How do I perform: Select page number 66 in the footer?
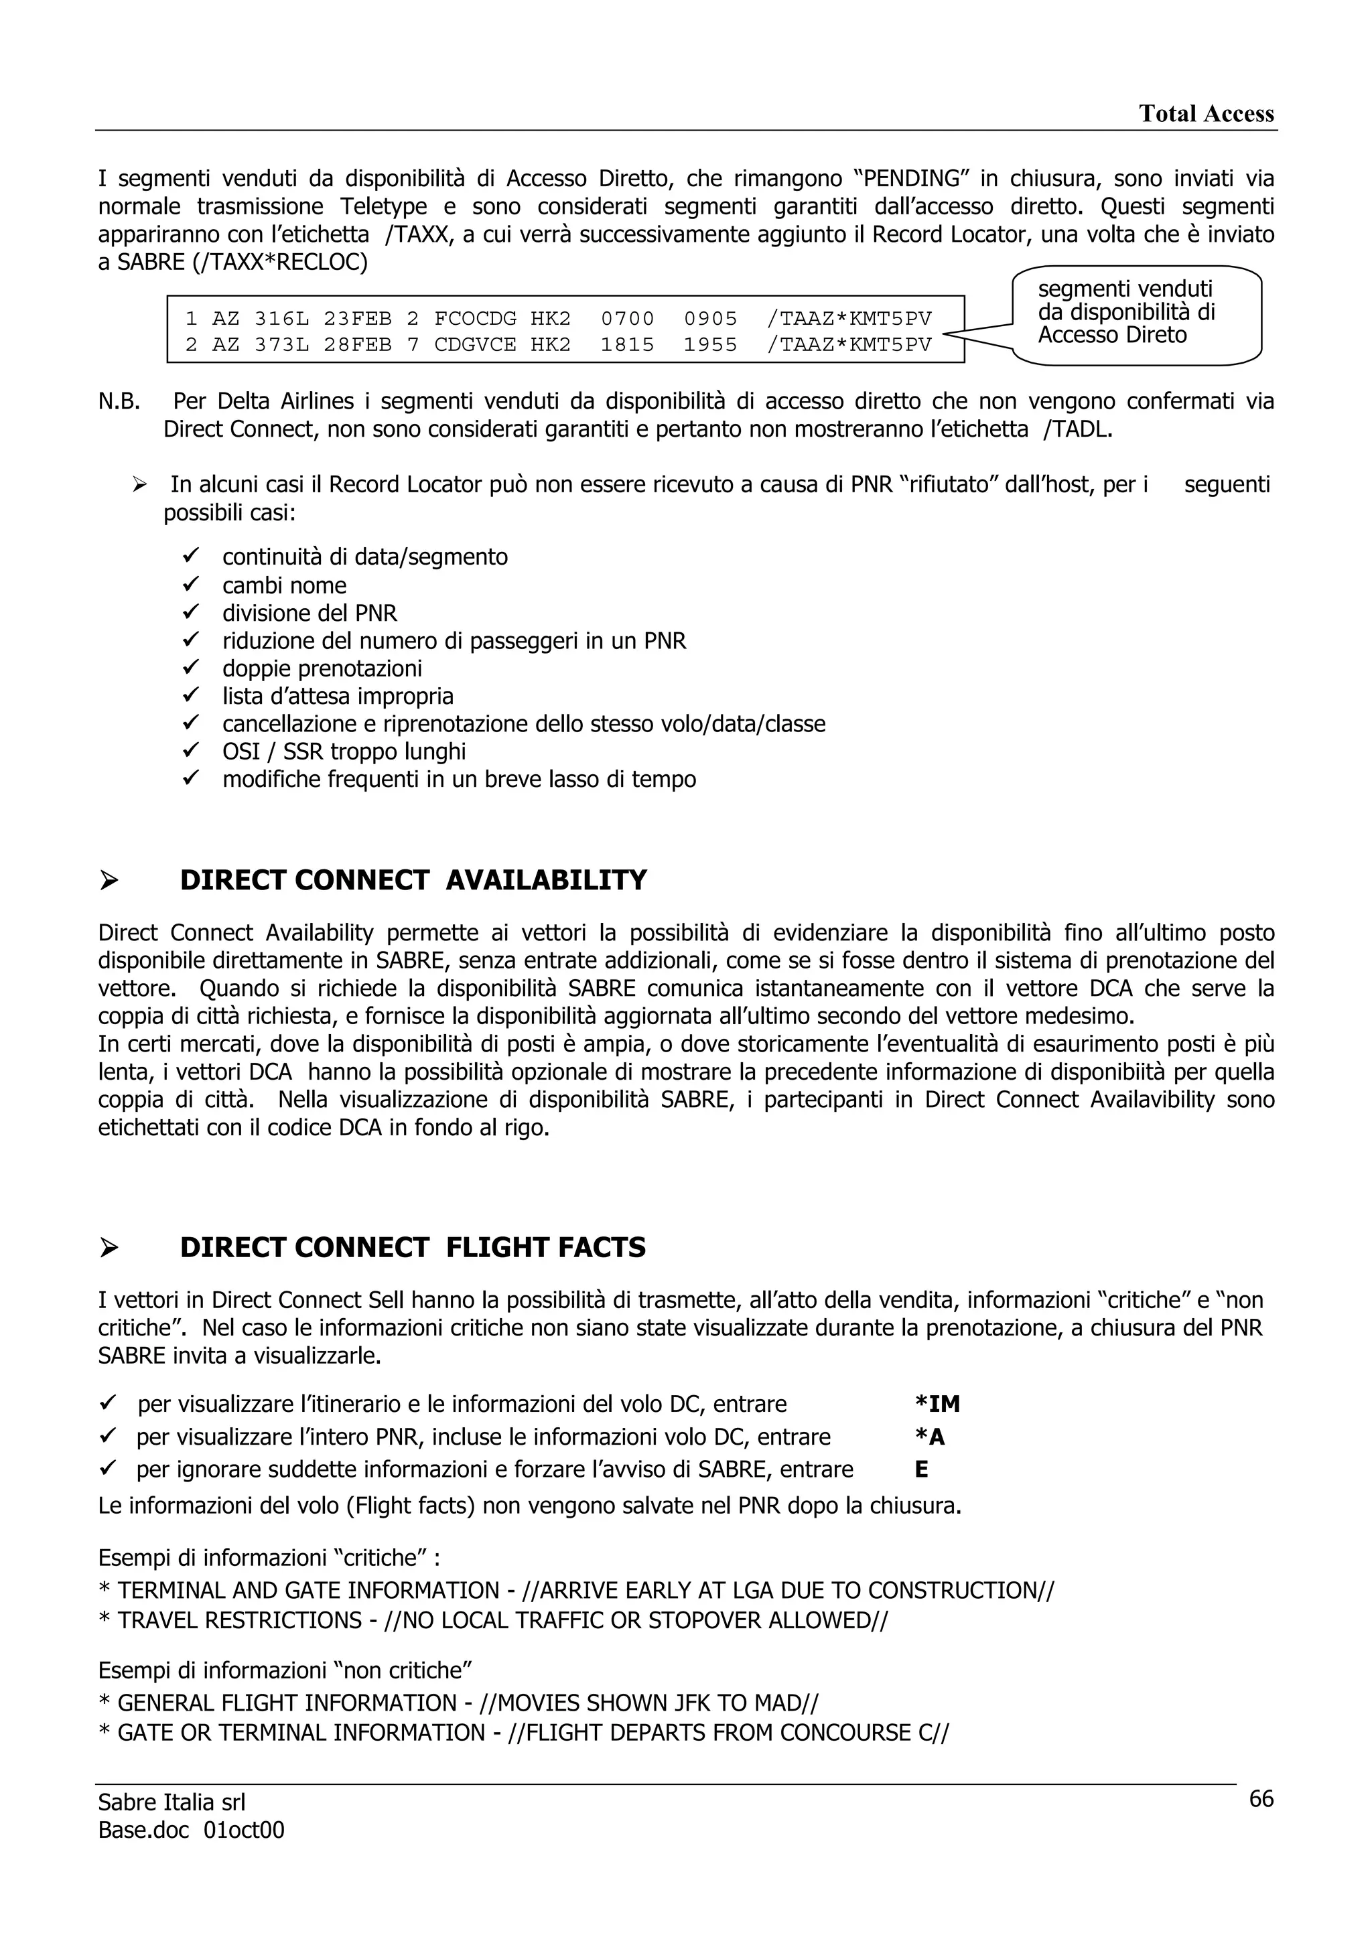1260,1799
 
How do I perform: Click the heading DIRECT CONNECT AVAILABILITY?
413,880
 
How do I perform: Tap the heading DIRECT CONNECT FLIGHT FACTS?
413,1248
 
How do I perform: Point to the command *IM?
937,1405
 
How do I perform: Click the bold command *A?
929,1437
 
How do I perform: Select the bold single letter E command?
921,1469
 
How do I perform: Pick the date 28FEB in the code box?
358,345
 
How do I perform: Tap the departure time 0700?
627,319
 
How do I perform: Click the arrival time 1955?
710,345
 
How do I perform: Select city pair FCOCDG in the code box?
475,319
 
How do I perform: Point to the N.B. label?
119,402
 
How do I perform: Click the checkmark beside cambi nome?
190,584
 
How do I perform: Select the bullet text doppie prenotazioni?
322,668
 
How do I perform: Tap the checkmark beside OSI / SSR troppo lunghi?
190,751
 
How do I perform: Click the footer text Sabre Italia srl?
171,1802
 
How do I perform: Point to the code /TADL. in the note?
1078,429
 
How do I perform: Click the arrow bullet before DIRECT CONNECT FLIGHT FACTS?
109,1248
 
